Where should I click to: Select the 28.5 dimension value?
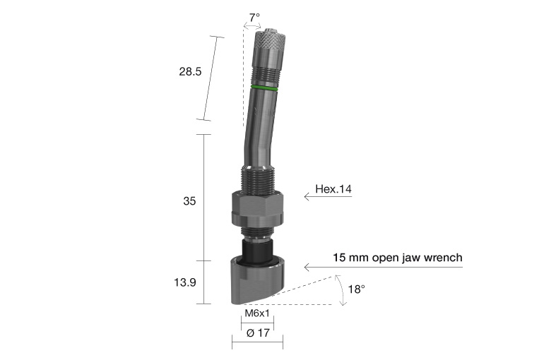pyautogui.click(x=189, y=71)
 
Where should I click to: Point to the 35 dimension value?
pyautogui.click(x=189, y=201)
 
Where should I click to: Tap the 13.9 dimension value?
pyautogui.click(x=185, y=282)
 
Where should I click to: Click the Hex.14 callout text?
pyautogui.click(x=333, y=189)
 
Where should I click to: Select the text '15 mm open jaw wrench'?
pyautogui.click(x=398, y=258)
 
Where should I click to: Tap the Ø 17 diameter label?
pyautogui.click(x=257, y=333)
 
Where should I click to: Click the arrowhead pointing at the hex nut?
pyautogui.click(x=307, y=197)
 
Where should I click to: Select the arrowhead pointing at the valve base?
pyautogui.click(x=307, y=266)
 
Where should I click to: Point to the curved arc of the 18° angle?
pyautogui.click(x=343, y=291)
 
